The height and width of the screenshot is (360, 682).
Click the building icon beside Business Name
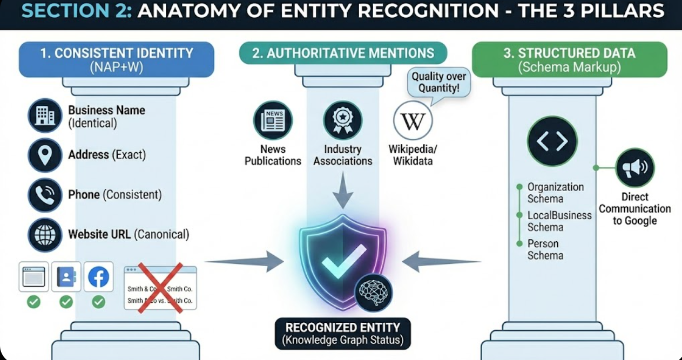45,116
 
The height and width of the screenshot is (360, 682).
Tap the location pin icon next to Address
45,155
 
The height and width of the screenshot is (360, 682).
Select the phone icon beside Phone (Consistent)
45,195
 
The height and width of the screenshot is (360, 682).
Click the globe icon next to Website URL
45,235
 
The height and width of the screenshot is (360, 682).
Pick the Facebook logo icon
98,277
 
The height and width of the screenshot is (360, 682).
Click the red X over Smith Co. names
160,288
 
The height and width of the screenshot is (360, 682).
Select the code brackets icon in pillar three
552,141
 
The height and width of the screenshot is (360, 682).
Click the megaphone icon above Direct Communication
634,168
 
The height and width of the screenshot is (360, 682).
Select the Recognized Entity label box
342,334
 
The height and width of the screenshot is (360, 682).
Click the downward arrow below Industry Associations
342,190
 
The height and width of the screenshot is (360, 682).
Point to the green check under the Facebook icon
98,302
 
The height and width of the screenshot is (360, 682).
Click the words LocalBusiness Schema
559,221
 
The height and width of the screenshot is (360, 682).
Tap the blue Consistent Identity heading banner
116,59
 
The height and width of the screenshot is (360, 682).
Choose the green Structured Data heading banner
569,59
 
